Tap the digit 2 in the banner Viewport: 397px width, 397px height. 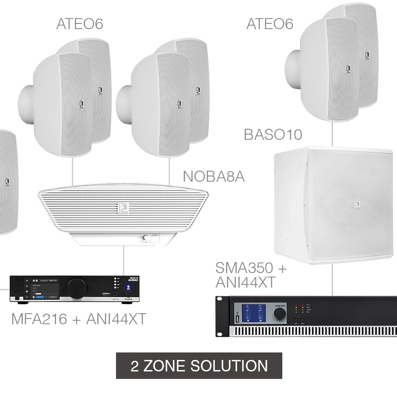[135, 366]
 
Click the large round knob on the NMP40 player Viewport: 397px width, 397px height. [76, 289]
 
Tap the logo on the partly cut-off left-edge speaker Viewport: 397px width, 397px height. [7, 181]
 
